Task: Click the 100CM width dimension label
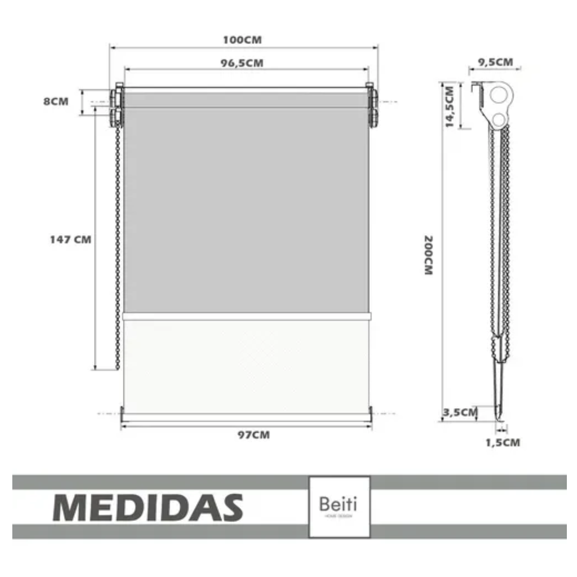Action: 243,40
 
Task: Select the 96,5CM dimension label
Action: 243,63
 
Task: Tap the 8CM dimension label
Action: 56,102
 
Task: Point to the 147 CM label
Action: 71,240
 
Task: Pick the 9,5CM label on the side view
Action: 495,62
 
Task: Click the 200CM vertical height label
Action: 428,255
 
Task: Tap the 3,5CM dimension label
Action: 459,412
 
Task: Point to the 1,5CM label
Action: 503,442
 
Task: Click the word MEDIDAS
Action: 148,507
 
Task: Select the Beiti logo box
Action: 339,506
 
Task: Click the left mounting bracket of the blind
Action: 116,106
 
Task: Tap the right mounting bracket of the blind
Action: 372,106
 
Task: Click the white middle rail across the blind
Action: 246,316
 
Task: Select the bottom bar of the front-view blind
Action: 246,416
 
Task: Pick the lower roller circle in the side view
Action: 499,119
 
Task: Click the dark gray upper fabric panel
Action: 246,208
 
